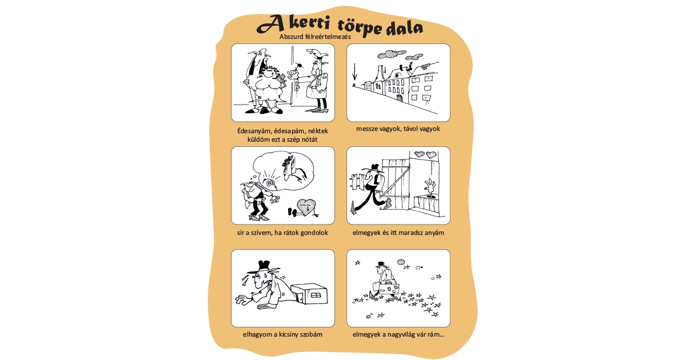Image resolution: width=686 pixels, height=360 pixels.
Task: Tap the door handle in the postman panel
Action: coord(297,86)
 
